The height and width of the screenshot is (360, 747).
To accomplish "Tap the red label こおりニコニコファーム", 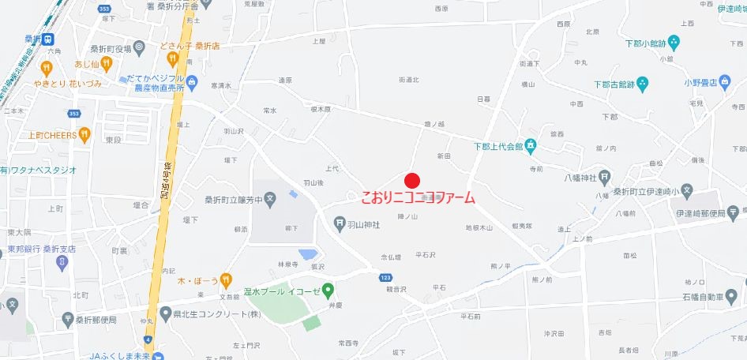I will click(x=418, y=197).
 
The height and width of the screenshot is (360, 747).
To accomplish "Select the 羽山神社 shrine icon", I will click(x=340, y=223).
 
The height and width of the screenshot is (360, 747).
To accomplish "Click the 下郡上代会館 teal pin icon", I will click(x=532, y=145).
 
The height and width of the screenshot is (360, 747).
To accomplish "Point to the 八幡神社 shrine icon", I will click(x=605, y=177).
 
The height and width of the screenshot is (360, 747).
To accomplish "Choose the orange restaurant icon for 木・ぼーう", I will click(x=227, y=279).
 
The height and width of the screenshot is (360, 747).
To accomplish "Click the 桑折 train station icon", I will click(x=48, y=39).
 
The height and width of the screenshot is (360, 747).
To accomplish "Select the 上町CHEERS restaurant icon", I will click(x=84, y=135).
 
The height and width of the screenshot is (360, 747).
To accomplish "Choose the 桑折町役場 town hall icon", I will click(x=139, y=48).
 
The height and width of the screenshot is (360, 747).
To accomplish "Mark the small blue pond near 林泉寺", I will click(x=308, y=254).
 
